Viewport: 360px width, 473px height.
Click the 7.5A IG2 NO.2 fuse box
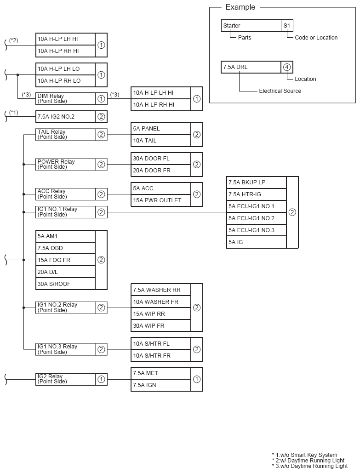point(65,117)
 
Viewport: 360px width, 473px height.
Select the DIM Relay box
point(65,98)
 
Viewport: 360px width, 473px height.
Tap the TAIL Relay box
point(65,135)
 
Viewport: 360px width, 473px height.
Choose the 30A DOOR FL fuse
point(160,159)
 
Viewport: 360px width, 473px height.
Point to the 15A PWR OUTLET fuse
point(160,200)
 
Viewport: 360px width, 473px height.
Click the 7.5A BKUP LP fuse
point(256,182)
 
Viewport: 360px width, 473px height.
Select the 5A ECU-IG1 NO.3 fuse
point(256,230)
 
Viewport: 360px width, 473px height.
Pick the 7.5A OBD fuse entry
point(65,248)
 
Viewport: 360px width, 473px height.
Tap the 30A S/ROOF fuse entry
point(65,284)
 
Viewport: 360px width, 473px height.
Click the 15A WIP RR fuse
point(160,314)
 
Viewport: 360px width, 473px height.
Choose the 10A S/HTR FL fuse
point(160,344)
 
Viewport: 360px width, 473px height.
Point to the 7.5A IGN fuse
point(160,385)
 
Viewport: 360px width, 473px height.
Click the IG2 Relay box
point(65,379)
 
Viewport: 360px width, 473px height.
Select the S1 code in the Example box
point(287,26)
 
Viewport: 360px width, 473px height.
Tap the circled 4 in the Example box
point(287,67)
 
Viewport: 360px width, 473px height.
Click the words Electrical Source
point(280,91)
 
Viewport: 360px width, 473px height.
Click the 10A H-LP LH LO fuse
point(65,69)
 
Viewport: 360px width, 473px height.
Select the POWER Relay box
point(65,165)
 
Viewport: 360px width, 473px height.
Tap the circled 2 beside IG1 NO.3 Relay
point(101,349)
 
